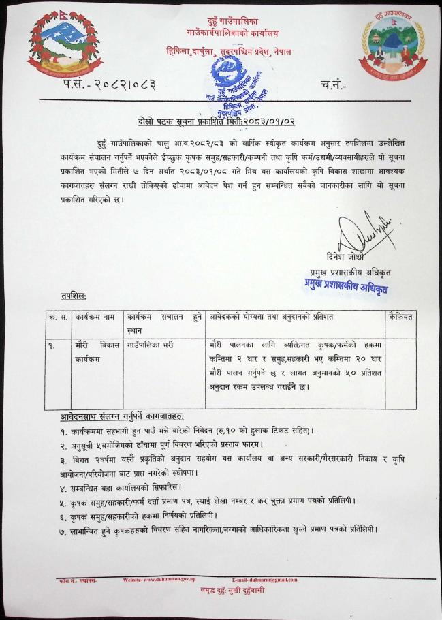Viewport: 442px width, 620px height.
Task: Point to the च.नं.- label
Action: click(x=332, y=84)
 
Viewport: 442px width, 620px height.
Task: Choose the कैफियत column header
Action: click(x=402, y=318)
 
